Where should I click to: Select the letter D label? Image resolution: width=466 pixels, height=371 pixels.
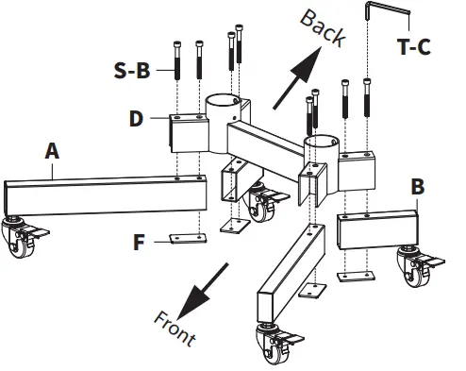[x=138, y=118]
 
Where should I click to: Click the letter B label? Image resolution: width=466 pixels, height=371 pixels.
[x=416, y=186]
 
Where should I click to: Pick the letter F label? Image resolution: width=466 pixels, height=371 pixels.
[x=139, y=243]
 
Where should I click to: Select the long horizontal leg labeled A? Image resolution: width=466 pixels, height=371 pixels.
[x=104, y=194]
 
